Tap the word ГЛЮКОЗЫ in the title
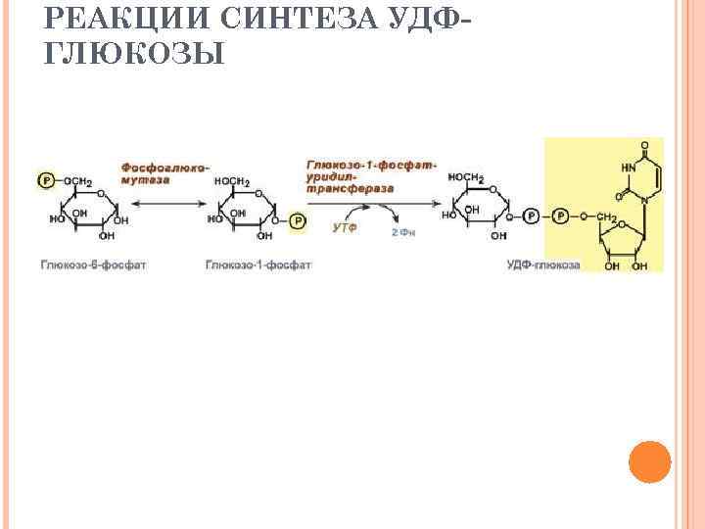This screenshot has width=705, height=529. tap(135, 53)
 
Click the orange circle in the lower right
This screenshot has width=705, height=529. tap(649, 461)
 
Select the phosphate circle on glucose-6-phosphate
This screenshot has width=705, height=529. tap(45, 181)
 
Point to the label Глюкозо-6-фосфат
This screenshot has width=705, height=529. tap(94, 265)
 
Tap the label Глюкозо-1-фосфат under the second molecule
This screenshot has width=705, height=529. tap(258, 265)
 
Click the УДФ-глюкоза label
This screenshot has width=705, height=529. tap(543, 265)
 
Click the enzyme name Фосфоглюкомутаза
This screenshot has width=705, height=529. tap(164, 174)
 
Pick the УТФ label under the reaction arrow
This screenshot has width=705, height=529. tap(344, 227)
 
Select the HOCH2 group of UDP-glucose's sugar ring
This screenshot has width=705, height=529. tap(465, 177)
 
